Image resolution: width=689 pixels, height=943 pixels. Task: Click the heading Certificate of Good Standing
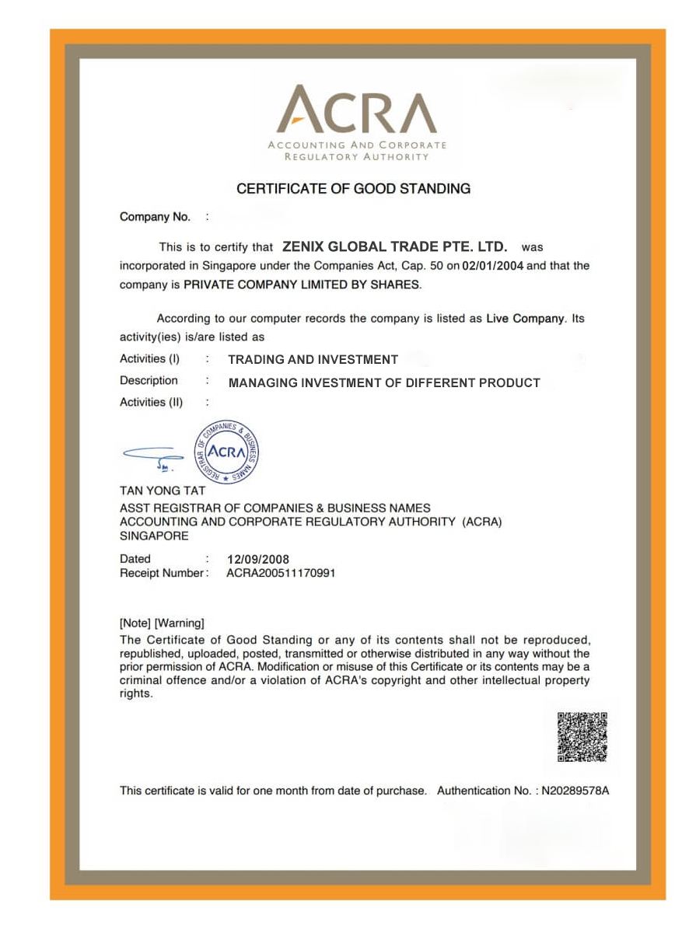[x=353, y=188]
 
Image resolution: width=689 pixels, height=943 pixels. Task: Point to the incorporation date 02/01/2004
[x=493, y=266]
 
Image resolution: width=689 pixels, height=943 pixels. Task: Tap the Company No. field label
[x=155, y=217]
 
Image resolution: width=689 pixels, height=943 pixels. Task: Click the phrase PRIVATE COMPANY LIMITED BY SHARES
[x=301, y=285]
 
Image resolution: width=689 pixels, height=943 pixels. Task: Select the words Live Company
[x=525, y=319]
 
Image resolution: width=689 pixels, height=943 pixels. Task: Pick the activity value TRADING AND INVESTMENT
[x=313, y=359]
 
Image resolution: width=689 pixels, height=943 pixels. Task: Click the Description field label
[x=149, y=381]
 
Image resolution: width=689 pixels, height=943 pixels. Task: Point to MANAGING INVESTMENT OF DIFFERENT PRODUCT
[x=384, y=382]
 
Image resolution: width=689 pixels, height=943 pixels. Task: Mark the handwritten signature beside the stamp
[x=152, y=459]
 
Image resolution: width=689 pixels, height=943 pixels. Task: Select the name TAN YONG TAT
[x=163, y=491]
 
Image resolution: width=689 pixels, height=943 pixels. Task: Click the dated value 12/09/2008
[x=257, y=559]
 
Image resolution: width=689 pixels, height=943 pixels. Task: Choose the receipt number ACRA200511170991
[x=281, y=573]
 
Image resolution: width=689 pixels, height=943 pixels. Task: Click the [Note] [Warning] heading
[x=162, y=623]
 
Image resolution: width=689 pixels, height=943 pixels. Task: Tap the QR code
[x=582, y=736]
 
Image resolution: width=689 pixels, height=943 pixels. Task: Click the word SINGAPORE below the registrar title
[x=154, y=536]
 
